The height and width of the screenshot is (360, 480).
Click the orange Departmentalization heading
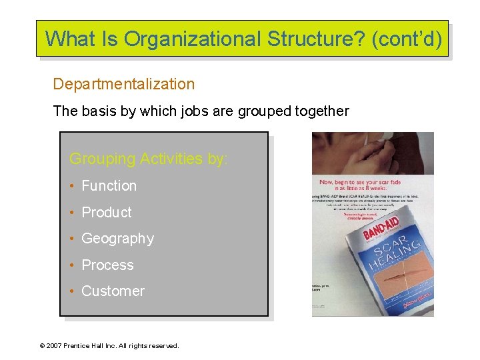pos(124,85)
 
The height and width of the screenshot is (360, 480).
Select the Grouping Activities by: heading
pos(149,159)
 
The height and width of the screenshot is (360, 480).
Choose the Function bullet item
pos(109,186)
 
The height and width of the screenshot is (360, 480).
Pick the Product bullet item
pos(107,213)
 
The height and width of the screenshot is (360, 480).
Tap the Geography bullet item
pos(117,239)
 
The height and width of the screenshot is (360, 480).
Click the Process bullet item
pos(107,265)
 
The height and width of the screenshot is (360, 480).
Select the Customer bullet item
pos(113,291)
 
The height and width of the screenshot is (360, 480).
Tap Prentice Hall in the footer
pos(90,345)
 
